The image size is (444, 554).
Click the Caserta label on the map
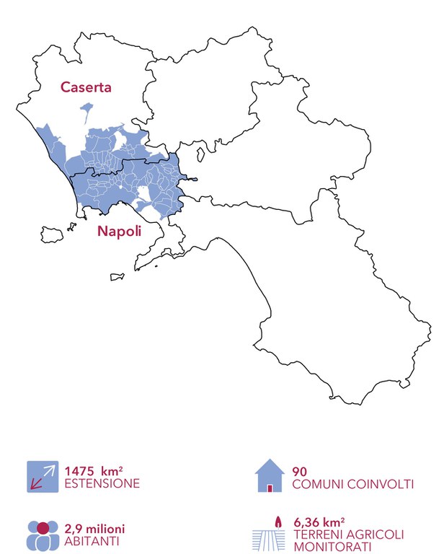coord(86,89)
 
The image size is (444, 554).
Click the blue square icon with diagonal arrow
coord(43,476)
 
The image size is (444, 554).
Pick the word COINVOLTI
coord(380,483)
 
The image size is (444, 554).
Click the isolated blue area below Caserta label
coord(88,111)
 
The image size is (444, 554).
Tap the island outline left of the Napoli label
coord(52,235)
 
